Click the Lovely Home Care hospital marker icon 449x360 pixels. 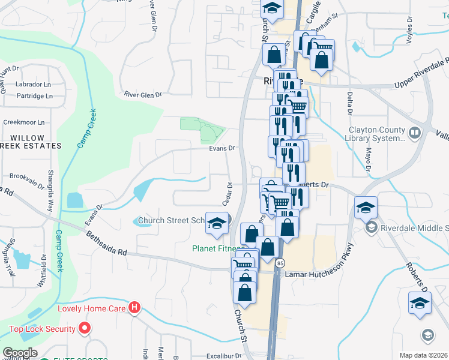[134, 309]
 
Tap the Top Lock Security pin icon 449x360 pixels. [85, 329]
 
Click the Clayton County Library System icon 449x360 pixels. [414, 132]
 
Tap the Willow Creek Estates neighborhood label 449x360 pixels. [31, 142]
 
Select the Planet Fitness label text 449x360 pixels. [217, 248]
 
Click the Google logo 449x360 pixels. [20, 353]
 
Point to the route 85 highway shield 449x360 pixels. [280, 263]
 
